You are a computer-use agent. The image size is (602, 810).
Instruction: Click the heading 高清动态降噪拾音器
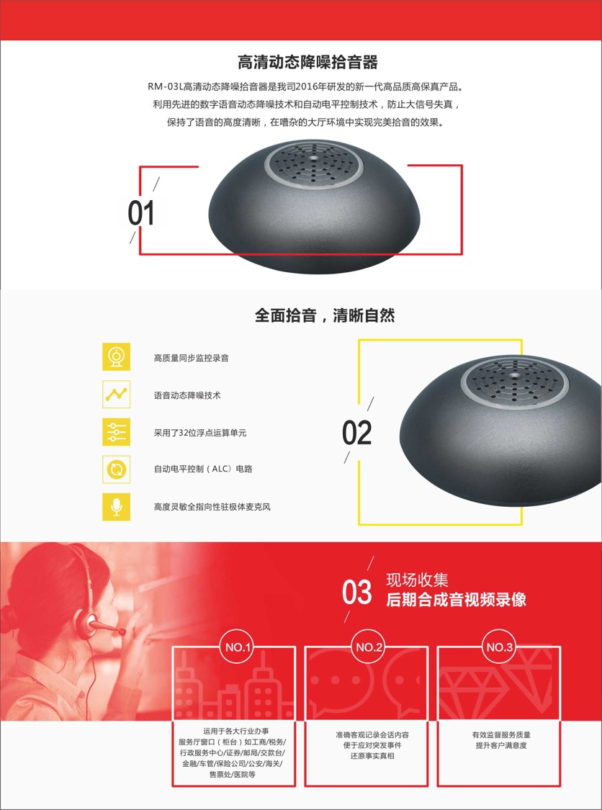pos(307,63)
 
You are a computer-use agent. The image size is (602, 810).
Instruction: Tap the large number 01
pos(141,213)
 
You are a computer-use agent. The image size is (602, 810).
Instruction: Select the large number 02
pos(356,433)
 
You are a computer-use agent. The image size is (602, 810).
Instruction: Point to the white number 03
pos(356,592)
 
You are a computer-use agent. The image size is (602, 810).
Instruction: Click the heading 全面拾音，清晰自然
pos(325,315)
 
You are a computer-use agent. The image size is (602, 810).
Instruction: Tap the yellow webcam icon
pos(116,357)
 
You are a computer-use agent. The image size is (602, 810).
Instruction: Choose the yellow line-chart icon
pos(116,394)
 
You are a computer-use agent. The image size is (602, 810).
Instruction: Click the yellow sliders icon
pos(116,432)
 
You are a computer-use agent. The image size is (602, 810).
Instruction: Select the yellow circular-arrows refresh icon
pos(116,469)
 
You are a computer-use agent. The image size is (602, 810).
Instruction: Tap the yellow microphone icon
pos(116,507)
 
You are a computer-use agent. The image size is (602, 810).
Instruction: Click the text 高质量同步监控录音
pos(192,357)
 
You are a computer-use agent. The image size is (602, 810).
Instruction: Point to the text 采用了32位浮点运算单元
pos(200,433)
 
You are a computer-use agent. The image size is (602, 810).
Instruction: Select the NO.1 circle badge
pos(238,647)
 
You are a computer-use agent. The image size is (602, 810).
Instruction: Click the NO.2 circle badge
pos(369,647)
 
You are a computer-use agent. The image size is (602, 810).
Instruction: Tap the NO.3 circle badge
pos(500,647)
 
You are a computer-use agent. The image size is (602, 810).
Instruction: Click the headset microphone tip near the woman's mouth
pos(121,631)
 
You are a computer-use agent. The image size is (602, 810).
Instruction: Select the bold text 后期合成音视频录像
pos(457,599)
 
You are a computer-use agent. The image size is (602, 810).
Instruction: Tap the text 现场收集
pos(417,580)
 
